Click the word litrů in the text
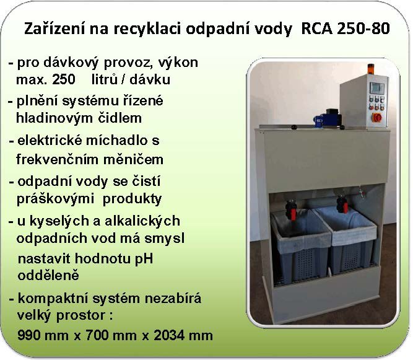pyautogui.click(x=104, y=79)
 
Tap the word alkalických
pyautogui.click(x=142, y=221)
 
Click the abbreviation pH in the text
pyautogui.click(x=144, y=260)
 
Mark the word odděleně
pyautogui.click(x=48, y=275)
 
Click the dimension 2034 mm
pyautogui.click(x=183, y=335)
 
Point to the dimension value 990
pyautogui.click(x=29, y=335)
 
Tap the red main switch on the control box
pyautogui.click(x=376, y=118)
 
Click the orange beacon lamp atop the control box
pyautogui.click(x=371, y=69)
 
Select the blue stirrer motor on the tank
pyautogui.click(x=328, y=119)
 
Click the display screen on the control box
pyautogui.click(x=377, y=88)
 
